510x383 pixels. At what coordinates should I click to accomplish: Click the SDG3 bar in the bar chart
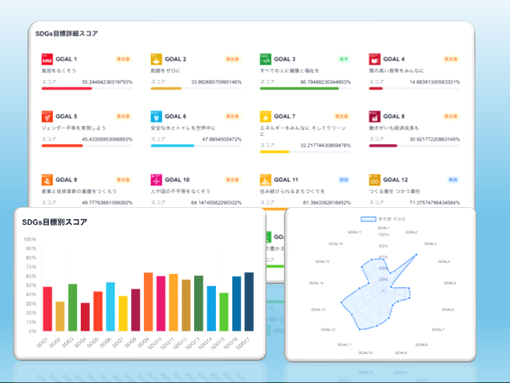point(72,308)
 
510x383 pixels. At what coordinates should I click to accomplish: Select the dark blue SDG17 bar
point(249,302)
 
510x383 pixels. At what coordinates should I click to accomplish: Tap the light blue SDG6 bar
point(110,307)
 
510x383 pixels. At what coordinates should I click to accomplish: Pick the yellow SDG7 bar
point(123,313)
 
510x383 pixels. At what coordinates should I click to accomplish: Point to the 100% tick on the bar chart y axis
point(30,239)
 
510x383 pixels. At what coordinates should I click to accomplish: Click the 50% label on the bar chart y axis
point(30,285)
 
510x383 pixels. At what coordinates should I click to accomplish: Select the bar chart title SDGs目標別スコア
point(55,222)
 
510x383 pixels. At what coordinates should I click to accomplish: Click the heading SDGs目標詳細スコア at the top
point(67,33)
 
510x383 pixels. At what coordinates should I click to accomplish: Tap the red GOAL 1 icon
point(47,60)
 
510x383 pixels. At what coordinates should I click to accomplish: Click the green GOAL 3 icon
point(266,60)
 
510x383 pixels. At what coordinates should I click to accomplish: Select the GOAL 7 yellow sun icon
point(266,116)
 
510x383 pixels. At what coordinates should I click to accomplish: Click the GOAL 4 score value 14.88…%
point(434,82)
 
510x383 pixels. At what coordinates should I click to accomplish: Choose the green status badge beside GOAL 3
point(342,60)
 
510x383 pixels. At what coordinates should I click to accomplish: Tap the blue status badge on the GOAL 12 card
point(451,180)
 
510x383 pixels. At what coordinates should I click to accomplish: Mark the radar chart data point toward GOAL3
point(416,254)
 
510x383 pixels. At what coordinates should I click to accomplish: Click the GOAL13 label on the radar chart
point(318,309)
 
